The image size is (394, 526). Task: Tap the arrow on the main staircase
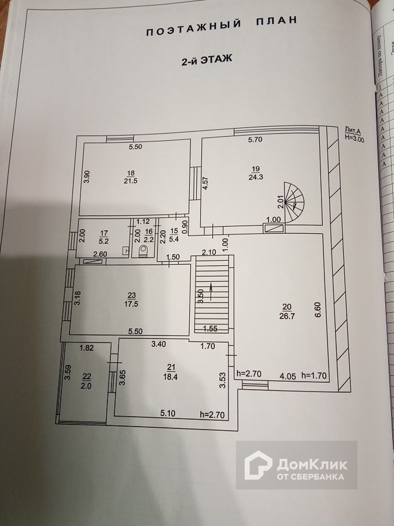click(x=211, y=291)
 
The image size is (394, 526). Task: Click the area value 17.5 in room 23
click(x=131, y=302)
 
